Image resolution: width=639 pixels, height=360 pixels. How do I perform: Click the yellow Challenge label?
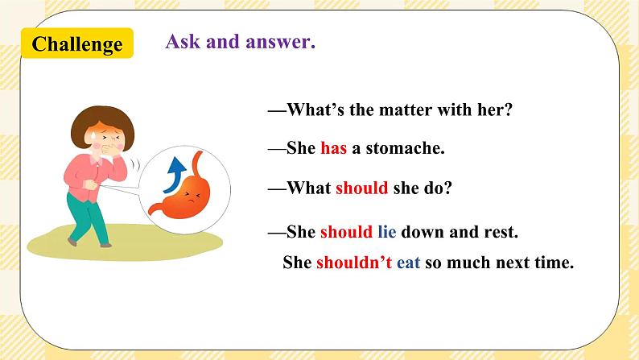click(x=77, y=43)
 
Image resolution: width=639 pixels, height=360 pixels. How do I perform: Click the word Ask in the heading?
click(x=182, y=42)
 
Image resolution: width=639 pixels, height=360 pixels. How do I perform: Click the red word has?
click(x=333, y=149)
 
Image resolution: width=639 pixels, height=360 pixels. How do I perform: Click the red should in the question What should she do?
click(x=361, y=188)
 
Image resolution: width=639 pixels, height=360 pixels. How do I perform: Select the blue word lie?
click(x=386, y=232)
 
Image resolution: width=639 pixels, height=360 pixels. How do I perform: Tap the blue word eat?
click(x=408, y=263)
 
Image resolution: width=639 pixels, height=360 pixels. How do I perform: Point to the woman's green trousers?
click(x=89, y=217)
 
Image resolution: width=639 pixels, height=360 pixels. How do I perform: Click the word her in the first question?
click(x=495, y=110)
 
